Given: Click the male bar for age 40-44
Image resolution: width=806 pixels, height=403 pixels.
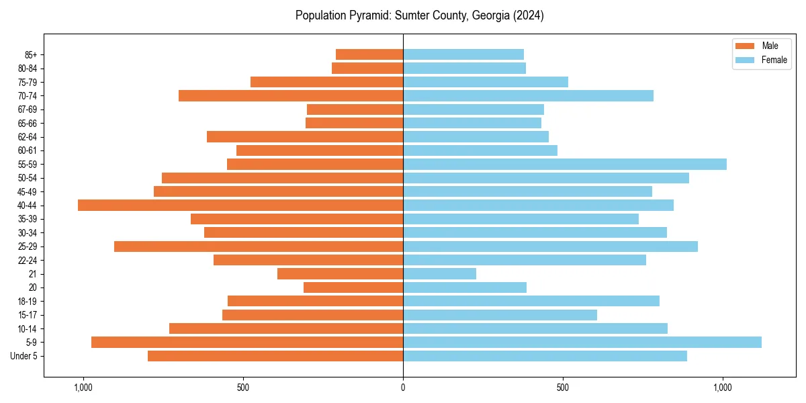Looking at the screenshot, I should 240,205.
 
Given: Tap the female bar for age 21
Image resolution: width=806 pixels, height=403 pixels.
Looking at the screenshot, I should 439,273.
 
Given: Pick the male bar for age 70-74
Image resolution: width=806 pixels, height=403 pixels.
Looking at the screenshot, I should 291,95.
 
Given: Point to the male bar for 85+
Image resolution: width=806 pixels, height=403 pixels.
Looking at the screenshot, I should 369,54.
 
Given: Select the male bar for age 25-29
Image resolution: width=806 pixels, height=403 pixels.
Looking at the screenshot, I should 259,246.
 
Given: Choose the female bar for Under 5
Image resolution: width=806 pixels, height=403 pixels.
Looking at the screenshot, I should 545,356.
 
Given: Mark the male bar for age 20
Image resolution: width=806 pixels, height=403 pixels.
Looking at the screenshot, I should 353,287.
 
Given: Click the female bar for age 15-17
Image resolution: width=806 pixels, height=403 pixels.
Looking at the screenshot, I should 500,314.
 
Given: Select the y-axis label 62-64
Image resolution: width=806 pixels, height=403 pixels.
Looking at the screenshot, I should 28,137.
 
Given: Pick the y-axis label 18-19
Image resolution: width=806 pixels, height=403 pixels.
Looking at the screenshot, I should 28,301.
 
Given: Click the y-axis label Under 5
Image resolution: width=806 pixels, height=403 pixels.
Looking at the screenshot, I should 24,356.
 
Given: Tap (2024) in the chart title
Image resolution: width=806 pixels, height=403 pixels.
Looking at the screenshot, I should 528,15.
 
